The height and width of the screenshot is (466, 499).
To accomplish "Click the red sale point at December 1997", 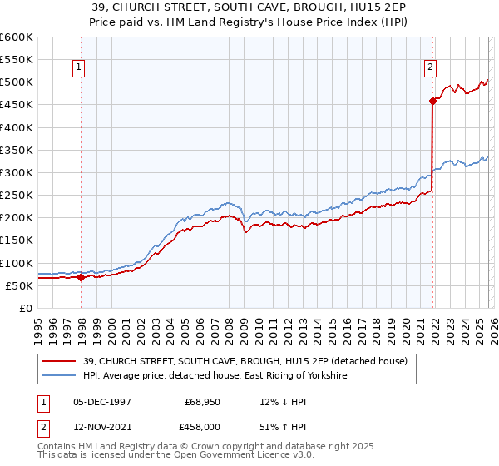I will pos(81,277).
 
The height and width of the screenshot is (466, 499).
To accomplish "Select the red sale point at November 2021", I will pos(432,102).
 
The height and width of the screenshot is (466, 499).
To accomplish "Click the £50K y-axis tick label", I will pos(19,285).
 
